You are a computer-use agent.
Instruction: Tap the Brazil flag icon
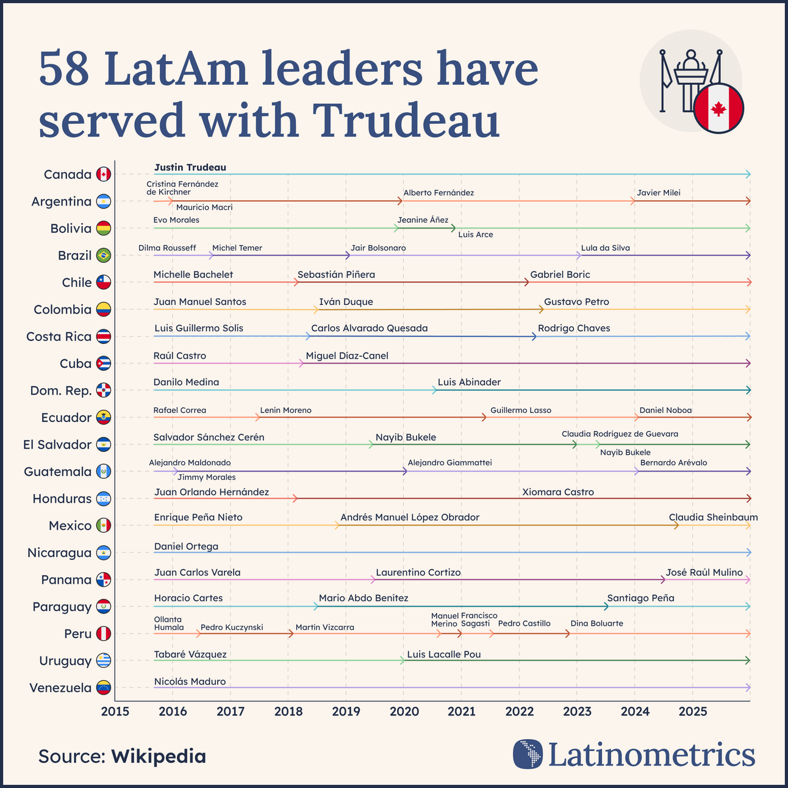coord(103,256)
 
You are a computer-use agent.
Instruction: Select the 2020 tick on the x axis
coord(403,711)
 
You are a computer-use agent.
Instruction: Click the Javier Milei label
coord(658,193)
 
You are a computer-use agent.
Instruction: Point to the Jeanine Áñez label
coord(423,220)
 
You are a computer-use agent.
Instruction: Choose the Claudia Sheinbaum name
coord(713,517)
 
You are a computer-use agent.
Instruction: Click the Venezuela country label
coord(60,688)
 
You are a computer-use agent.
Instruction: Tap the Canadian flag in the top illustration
coord(718,109)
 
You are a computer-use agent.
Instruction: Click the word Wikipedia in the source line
coord(158,756)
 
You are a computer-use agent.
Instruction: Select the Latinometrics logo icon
coord(528,754)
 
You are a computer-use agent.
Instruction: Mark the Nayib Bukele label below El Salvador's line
coord(625,453)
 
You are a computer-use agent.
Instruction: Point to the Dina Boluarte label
coord(596,623)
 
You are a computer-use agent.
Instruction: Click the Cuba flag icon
coord(103,364)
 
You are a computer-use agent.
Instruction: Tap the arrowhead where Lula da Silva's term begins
coord(578,256)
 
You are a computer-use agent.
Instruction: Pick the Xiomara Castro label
coord(557,492)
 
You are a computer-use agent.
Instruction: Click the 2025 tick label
coord(693,711)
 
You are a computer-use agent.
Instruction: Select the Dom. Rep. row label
coord(60,390)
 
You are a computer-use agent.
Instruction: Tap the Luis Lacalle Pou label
coord(443,654)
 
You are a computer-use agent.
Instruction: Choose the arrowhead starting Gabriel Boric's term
coord(526,282)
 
